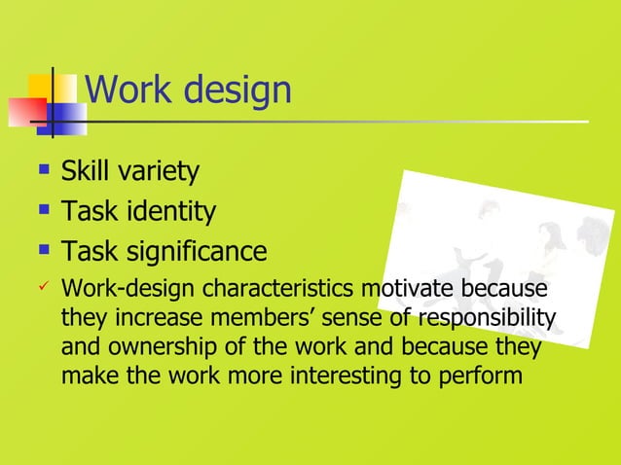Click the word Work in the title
point(123,90)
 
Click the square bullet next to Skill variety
point(42,172)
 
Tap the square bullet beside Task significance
point(42,251)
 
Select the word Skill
point(84,173)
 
